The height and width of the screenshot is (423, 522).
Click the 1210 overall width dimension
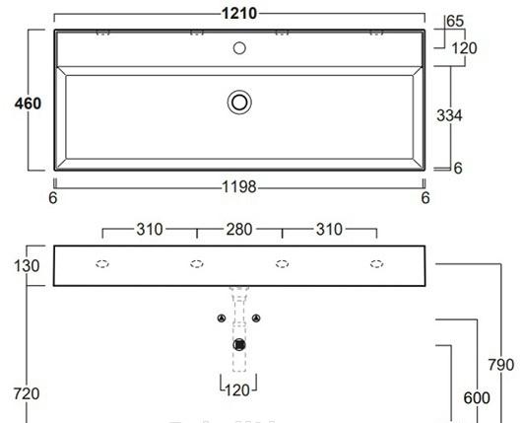[239, 12]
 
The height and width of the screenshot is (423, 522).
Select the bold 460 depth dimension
[28, 103]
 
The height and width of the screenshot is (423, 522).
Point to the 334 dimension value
[450, 115]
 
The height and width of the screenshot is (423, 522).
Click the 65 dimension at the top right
[456, 20]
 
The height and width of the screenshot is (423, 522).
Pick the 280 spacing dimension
[239, 230]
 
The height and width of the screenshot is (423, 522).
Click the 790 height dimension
[501, 365]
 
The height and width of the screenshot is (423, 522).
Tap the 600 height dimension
[477, 397]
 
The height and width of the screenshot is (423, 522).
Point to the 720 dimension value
[26, 394]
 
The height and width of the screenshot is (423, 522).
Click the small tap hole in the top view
[239, 46]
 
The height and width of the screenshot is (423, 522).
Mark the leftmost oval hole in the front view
[102, 264]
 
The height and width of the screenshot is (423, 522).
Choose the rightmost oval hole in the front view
[376, 264]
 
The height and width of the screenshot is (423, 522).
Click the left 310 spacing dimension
[149, 230]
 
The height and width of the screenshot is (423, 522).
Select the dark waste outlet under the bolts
[239, 343]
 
